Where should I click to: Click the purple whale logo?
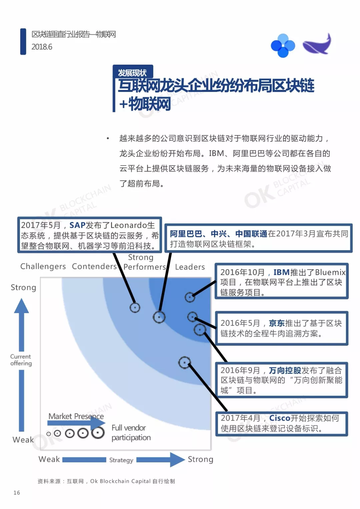(x=317, y=44)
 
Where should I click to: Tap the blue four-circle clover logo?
(x=283, y=46)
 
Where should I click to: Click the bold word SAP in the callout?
(x=77, y=225)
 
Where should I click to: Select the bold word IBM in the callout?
(x=281, y=272)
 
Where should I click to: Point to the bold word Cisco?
(x=280, y=418)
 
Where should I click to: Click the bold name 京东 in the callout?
(x=277, y=323)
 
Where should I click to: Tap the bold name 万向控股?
(x=285, y=370)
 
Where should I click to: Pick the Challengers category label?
(x=43, y=266)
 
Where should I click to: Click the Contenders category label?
(x=94, y=266)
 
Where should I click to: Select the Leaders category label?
(x=190, y=267)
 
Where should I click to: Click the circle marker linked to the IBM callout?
(x=190, y=297)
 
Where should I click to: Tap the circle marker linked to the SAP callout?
(x=135, y=308)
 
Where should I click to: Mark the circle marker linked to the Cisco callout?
(x=184, y=362)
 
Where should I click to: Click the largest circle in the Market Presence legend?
(x=98, y=432)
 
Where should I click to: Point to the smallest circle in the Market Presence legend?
(x=48, y=434)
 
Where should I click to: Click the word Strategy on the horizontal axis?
(x=121, y=460)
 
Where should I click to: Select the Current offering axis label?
(x=21, y=360)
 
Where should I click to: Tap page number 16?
(x=17, y=493)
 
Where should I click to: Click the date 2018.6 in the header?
(x=42, y=47)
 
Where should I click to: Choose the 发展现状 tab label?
(x=132, y=73)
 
